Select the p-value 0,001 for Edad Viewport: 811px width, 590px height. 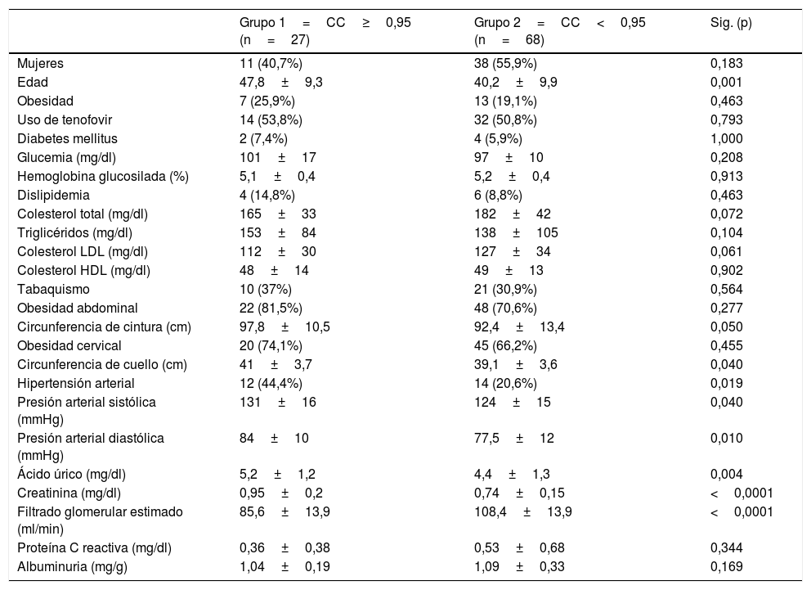[727, 82]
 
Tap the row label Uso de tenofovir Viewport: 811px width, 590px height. [62, 119]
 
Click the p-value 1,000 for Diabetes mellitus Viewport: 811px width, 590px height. [727, 138]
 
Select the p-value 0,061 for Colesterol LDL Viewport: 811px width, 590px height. [727, 251]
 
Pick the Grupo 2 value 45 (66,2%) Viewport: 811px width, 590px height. [506, 345]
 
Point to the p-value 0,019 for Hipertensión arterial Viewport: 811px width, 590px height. [727, 383]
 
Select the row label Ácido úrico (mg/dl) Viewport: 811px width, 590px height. [71, 474]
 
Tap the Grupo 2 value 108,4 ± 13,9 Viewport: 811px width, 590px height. [523, 511]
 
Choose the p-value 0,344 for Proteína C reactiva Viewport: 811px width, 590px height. [727, 547]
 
